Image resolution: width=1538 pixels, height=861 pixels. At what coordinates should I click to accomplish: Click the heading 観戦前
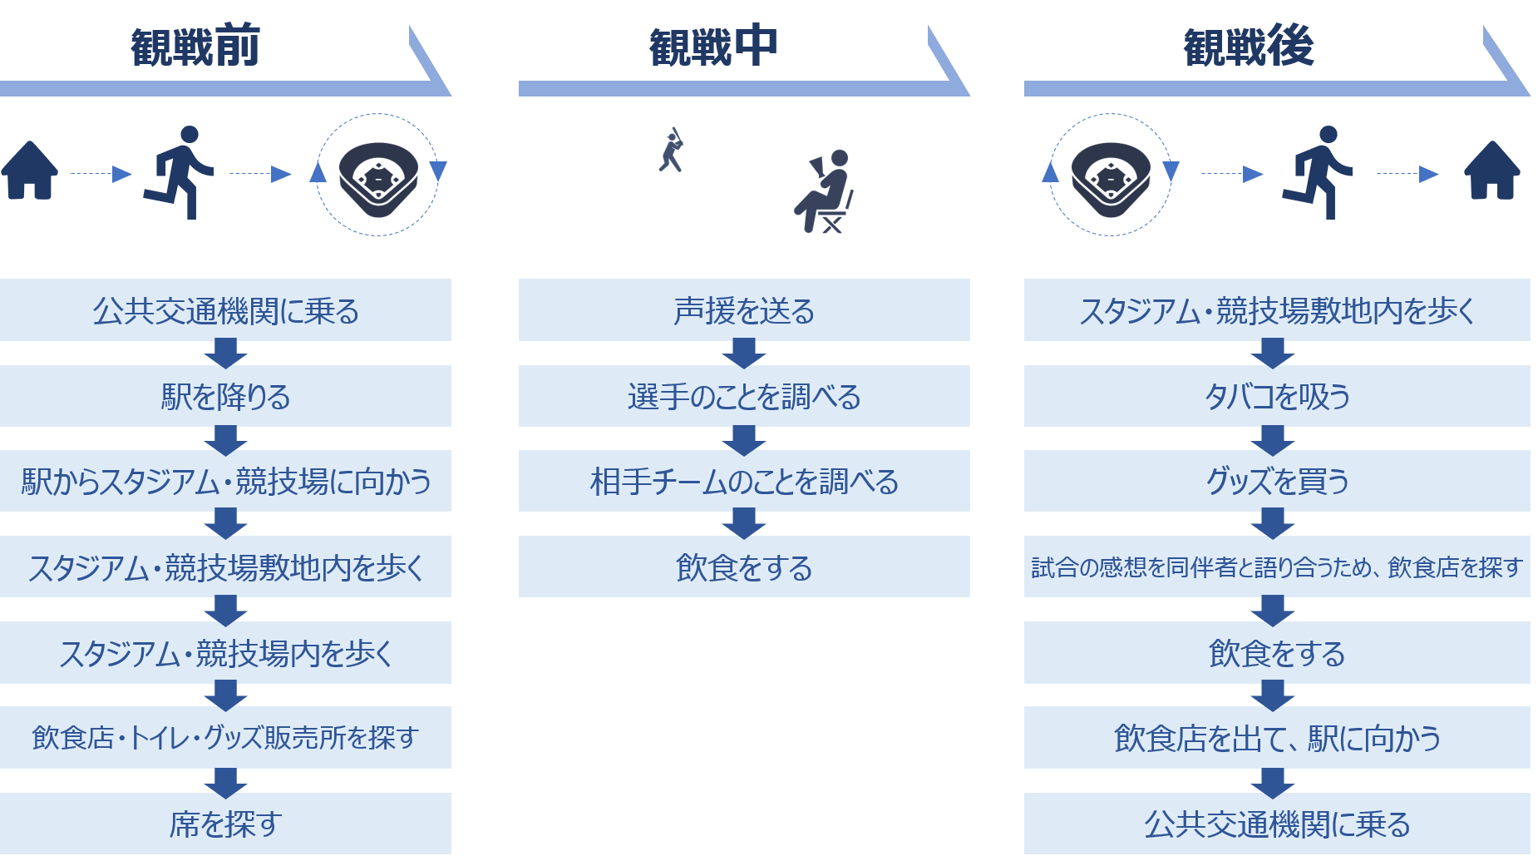click(195, 47)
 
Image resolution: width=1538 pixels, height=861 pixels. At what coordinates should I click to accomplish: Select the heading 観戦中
click(713, 47)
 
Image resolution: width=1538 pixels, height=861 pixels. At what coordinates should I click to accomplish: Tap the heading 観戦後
click(1249, 47)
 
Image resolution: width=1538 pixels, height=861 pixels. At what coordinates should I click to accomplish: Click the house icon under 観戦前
click(30, 171)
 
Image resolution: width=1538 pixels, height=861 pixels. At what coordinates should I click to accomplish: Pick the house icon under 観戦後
click(1492, 171)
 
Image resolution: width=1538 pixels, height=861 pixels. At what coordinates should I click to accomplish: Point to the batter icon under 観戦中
click(672, 150)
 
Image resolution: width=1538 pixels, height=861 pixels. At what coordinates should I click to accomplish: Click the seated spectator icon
click(824, 191)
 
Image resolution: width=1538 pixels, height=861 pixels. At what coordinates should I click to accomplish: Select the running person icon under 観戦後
click(1317, 173)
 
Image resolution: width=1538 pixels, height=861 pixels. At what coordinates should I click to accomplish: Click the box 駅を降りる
click(225, 396)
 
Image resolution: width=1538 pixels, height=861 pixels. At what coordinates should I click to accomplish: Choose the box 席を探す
click(225, 824)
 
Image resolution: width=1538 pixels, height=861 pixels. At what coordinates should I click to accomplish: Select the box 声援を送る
click(744, 310)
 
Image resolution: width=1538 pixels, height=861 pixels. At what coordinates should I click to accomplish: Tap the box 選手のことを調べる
click(744, 396)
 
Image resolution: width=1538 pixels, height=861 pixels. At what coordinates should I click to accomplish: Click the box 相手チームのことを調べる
click(744, 481)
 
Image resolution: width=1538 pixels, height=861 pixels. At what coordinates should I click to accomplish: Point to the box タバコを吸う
click(1277, 396)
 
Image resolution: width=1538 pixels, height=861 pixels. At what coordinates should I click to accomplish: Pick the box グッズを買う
click(1277, 481)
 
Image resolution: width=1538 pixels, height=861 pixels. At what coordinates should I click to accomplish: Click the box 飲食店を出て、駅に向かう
click(1277, 738)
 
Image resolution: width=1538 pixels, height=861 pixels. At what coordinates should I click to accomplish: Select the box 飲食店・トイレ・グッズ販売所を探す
click(225, 738)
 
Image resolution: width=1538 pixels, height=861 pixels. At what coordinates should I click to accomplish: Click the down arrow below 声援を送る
click(744, 354)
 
